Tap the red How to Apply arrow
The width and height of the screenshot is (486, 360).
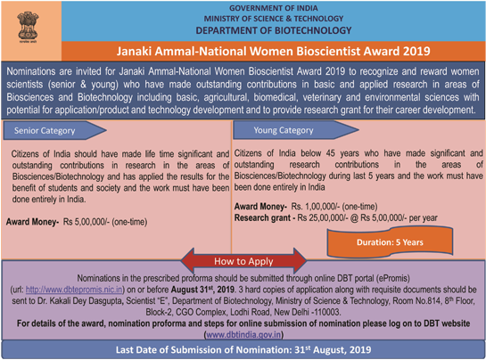coord(243,262)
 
